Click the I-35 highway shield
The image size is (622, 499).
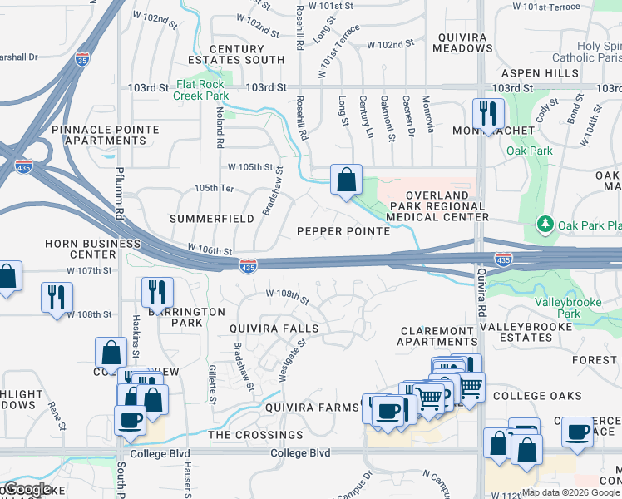[x=81, y=59]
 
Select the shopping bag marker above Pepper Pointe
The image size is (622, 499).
[x=346, y=178]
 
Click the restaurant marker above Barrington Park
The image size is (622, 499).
[x=156, y=291]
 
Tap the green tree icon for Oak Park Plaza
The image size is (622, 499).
[x=545, y=224]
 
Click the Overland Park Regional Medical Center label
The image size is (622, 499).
[x=432, y=205]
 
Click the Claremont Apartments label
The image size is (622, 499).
[x=437, y=335]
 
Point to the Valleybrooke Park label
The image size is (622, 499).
[x=569, y=308]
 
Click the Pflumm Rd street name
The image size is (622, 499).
[x=120, y=202]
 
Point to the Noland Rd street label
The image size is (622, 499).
[x=220, y=126]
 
